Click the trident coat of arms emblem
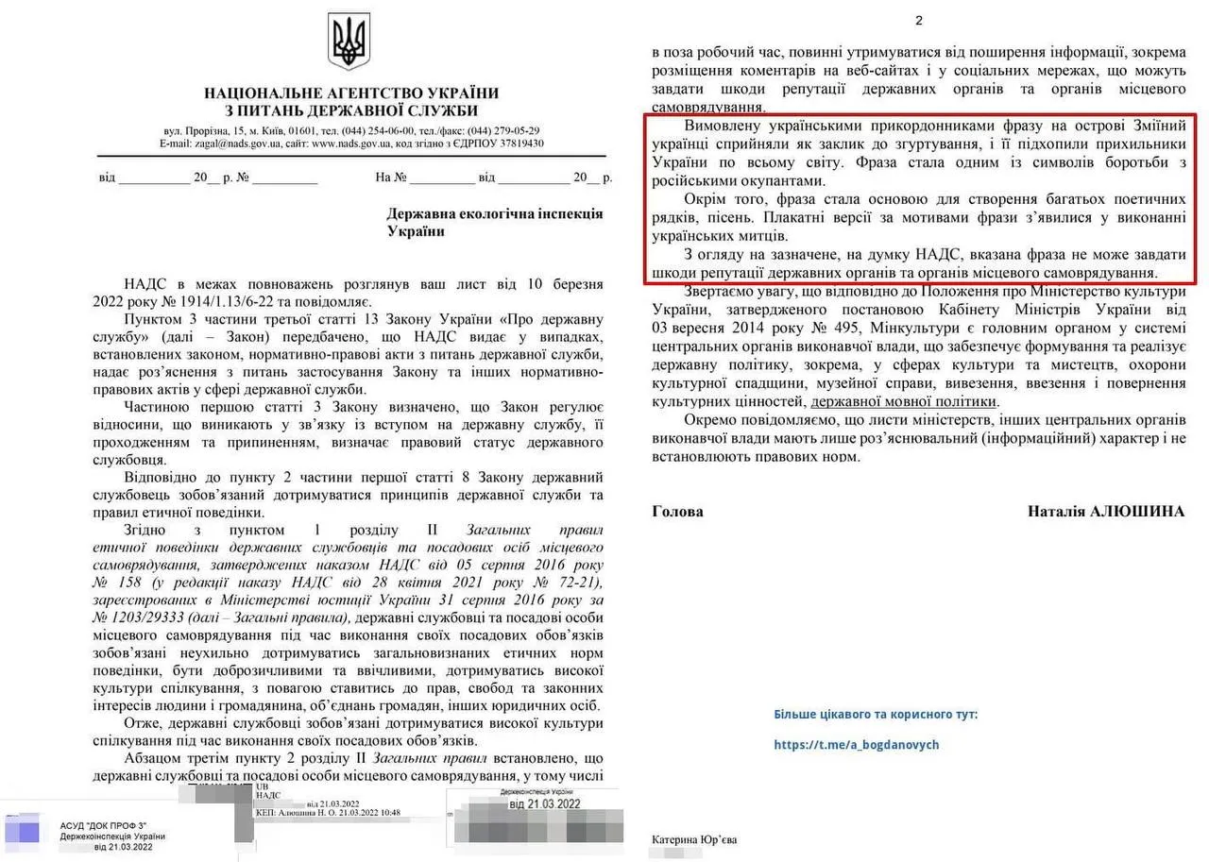349,42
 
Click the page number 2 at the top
919,21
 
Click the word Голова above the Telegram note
677,511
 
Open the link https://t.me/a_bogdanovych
856,745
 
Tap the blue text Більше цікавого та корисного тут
876,714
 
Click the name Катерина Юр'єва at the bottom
693,839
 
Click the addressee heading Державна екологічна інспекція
495,213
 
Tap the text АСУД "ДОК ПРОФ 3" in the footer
104,824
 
